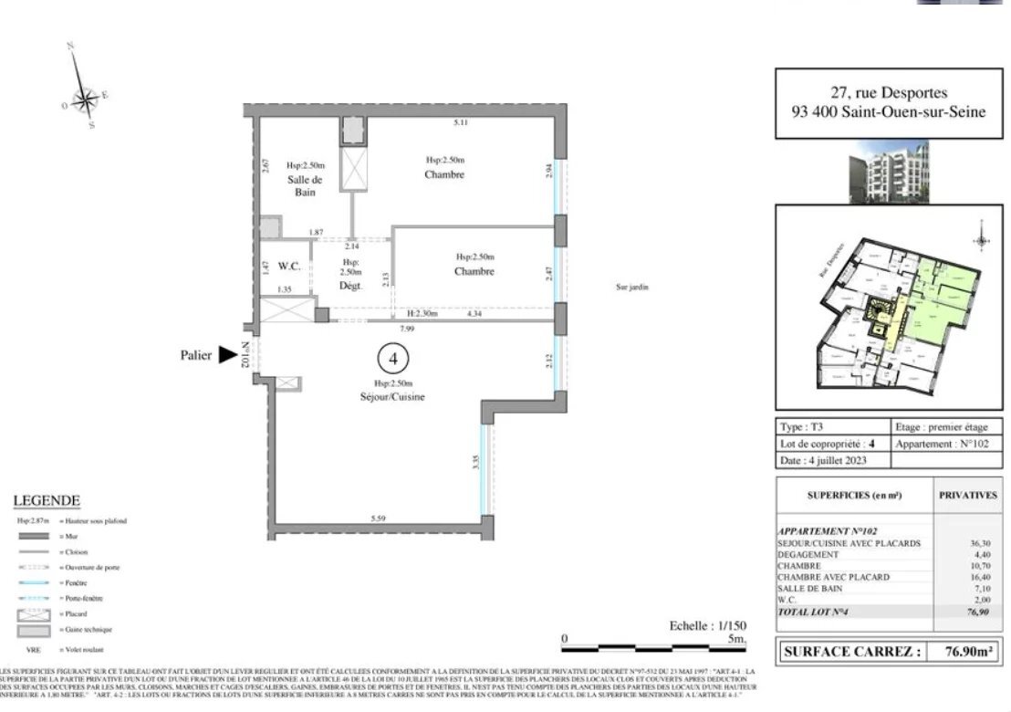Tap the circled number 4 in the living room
(x=392, y=359)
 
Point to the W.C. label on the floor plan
(x=290, y=267)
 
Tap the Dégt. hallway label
(x=351, y=286)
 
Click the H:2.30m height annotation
(x=424, y=314)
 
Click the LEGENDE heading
(x=47, y=500)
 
